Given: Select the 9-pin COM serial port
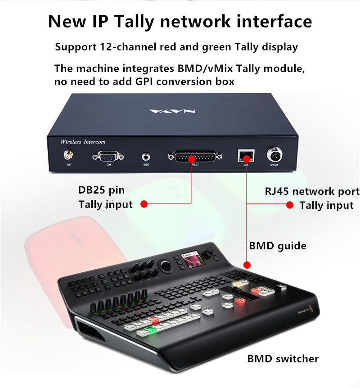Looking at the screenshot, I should [x=108, y=157].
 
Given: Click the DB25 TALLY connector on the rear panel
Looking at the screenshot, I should [x=195, y=157].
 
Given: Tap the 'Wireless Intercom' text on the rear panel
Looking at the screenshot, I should [x=83, y=142].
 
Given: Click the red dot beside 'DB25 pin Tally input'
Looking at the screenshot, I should [x=144, y=204].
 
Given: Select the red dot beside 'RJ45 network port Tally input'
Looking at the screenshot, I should [x=290, y=205].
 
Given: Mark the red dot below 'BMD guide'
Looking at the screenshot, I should [x=246, y=264].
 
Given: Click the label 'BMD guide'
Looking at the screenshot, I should [x=277, y=246].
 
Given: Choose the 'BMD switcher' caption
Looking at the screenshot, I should [x=283, y=359].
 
